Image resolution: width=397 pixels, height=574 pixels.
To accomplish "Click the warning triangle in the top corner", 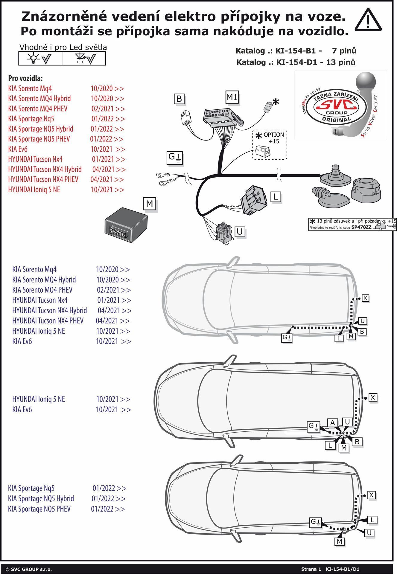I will pos(368,21).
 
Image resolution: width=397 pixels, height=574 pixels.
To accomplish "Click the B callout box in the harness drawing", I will pos(179,99).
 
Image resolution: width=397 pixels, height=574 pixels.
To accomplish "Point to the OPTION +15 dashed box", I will pos(270,145).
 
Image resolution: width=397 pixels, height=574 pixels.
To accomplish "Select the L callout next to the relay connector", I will pos(276,197).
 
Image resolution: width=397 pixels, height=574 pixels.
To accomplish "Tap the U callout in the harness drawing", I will pos(240,232).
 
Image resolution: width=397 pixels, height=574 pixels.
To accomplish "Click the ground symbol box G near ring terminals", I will pos(175,158).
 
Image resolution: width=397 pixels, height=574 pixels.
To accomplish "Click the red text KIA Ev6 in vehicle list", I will pos(18,149).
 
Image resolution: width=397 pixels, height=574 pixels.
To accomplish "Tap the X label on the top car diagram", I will pos(366,298).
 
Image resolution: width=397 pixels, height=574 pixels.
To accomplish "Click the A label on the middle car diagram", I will pos(332,422).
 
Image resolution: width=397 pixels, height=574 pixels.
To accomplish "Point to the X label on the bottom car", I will pos(371,495).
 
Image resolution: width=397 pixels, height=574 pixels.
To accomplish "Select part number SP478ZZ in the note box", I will pos(361,227).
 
